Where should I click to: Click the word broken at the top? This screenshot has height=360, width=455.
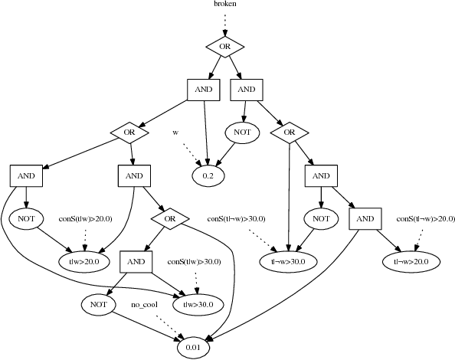coord(224,5)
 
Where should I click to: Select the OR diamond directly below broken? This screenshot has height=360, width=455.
coord(224,47)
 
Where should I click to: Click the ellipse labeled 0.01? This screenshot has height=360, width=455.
coord(192,348)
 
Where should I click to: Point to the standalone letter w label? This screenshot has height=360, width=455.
coord(175,133)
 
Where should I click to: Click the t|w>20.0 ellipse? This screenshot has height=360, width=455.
coord(83,261)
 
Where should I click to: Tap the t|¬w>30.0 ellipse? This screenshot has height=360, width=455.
coord(288,261)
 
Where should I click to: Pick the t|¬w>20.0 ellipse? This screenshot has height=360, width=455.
coord(411,261)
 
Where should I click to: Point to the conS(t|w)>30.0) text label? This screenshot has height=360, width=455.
coord(194,262)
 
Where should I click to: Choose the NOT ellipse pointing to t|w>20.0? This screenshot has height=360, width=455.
coord(27,219)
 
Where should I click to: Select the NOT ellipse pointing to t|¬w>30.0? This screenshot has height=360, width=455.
coord(316,219)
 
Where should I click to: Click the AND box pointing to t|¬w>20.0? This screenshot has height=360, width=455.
coord(365,219)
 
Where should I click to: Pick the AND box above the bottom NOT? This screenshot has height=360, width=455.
coord(136,261)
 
